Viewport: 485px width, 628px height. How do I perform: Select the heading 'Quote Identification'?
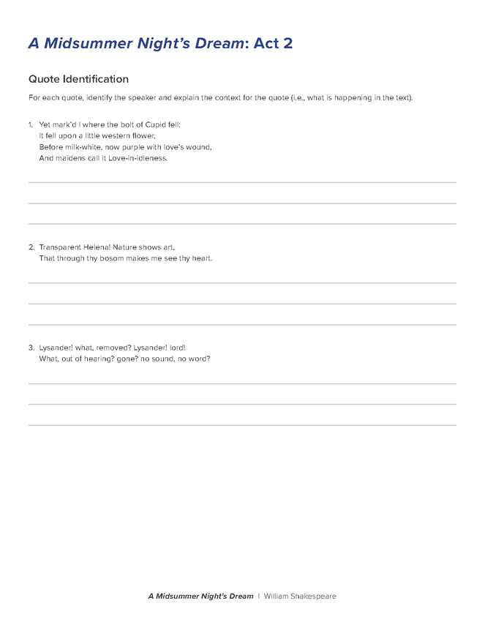[78, 79]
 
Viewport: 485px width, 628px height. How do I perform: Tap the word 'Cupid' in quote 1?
[153, 124]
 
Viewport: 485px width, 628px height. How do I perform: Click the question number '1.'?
[31, 124]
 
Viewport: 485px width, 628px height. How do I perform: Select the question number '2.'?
[31, 247]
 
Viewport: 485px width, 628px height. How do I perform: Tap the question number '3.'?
[31, 348]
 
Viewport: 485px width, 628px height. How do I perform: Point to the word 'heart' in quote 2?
[201, 258]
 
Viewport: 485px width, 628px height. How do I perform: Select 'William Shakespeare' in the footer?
[300, 597]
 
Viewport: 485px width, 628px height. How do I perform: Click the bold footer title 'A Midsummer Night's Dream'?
[200, 597]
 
